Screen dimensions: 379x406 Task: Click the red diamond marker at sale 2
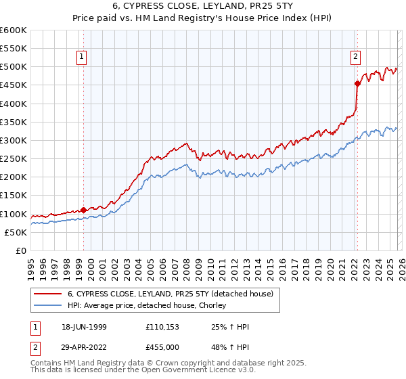tap(357, 84)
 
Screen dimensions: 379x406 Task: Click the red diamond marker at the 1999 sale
tap(84, 210)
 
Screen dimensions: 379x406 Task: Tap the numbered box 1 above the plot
tap(81, 58)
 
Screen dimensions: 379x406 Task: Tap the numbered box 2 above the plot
tap(355, 58)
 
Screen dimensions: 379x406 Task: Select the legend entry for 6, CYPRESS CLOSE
tap(170, 294)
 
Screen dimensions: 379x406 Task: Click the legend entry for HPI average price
tap(150, 305)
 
